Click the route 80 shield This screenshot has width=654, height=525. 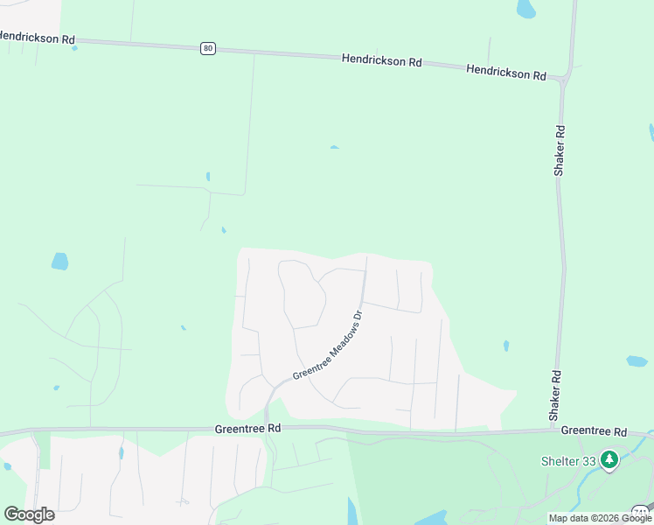coord(207,48)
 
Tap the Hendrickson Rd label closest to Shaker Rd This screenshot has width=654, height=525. coord(506,73)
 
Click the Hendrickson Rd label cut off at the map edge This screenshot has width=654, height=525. coord(37,38)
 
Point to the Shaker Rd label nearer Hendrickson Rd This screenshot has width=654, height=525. coord(560,150)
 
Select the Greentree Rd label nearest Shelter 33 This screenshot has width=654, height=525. coord(595,431)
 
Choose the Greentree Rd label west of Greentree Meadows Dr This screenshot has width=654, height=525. coord(247,429)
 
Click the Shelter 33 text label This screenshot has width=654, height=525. coord(567,461)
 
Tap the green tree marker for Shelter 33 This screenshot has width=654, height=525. coord(609,458)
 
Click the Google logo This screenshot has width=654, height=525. coord(29,514)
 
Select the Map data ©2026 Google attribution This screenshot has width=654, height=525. coord(600,518)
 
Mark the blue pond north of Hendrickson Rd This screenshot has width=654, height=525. coord(525,10)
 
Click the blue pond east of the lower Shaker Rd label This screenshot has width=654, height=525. coord(637,360)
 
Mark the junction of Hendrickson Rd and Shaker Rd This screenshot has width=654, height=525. coord(563,81)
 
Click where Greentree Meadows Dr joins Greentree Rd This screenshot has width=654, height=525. coord(266,428)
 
